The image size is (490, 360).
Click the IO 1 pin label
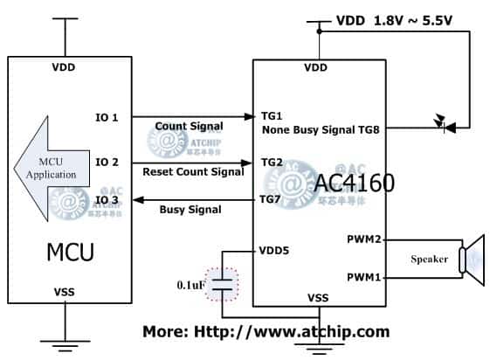point(108,117)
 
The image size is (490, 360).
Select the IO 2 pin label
point(108,163)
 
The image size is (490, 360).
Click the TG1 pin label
point(272,116)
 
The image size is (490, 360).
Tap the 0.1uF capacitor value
point(192,284)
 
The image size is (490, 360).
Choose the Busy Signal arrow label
point(191,210)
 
